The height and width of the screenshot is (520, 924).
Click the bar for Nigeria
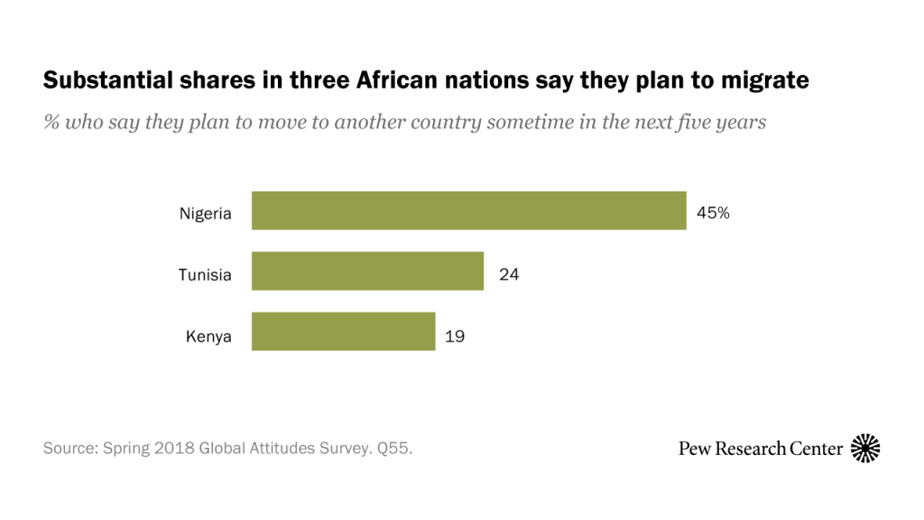pyautogui.click(x=468, y=211)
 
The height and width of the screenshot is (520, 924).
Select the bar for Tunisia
pyautogui.click(x=367, y=272)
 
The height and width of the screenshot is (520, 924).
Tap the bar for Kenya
pyautogui.click(x=343, y=331)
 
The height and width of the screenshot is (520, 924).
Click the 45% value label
pyautogui.click(x=712, y=214)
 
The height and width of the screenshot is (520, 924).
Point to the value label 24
pyautogui.click(x=509, y=274)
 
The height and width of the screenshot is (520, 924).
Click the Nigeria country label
pyautogui.click(x=206, y=214)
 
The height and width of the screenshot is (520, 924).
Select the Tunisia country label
pyautogui.click(x=205, y=274)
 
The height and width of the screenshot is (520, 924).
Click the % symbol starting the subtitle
pyautogui.click(x=51, y=122)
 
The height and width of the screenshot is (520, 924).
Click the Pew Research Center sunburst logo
pyautogui.click(x=865, y=448)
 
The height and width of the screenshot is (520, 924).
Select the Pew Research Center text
pyautogui.click(x=761, y=448)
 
